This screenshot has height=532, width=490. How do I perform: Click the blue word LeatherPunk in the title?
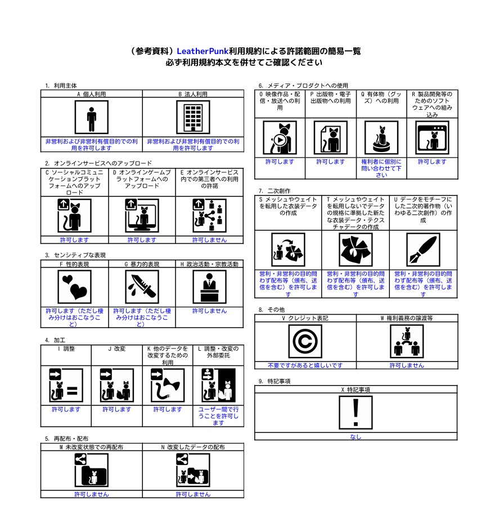click(203, 51)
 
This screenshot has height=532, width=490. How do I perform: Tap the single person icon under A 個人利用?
click(92, 118)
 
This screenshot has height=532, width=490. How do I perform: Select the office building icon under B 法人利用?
click(194, 118)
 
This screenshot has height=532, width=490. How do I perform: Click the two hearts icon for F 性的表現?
click(75, 287)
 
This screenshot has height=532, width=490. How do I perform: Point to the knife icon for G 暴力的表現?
click(142, 287)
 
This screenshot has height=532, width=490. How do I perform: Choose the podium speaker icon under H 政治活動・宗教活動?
click(210, 287)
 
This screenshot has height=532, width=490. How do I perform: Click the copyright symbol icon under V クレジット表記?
click(305, 341)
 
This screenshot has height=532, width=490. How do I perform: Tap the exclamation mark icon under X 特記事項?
click(356, 413)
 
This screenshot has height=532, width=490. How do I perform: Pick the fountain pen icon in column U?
click(423, 250)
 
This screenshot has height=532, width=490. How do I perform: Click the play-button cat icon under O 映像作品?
click(280, 138)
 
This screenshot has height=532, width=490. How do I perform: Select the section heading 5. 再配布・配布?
click(66, 439)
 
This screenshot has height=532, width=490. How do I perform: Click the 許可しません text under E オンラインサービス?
click(210, 240)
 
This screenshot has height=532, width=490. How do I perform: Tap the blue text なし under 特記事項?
click(356, 437)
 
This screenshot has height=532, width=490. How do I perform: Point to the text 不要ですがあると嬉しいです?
click(305, 365)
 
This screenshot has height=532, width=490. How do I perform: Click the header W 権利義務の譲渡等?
click(407, 318)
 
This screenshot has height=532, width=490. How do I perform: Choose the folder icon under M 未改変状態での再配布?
click(92, 470)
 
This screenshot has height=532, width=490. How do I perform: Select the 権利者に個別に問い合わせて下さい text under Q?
click(381, 168)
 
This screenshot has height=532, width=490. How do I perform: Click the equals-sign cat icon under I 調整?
click(66, 386)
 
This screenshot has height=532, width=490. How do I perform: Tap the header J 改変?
click(116, 349)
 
